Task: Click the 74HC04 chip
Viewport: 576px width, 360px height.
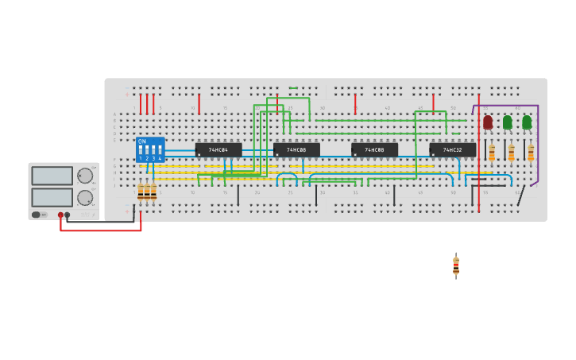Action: (218, 149)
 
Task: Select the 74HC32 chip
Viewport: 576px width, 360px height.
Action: (452, 149)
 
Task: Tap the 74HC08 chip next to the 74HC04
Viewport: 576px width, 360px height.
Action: (296, 149)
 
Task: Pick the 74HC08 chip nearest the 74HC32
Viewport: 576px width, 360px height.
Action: (374, 149)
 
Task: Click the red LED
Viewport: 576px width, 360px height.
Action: (488, 122)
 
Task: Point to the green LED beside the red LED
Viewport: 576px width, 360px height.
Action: (508, 122)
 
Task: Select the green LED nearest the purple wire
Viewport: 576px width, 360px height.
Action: (527, 122)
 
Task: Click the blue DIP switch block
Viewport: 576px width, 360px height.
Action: (150, 149)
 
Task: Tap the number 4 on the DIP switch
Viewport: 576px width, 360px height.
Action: (160, 159)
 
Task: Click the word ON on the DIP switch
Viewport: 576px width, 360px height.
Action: (142, 141)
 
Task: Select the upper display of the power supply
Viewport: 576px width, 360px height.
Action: (52, 176)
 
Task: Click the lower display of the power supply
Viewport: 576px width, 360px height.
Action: (52, 197)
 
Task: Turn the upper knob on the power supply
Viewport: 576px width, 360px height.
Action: (84, 176)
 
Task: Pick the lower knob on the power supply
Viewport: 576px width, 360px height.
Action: (84, 197)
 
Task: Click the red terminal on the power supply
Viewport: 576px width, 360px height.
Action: (60, 215)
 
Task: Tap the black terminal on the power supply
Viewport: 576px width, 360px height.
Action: (68, 215)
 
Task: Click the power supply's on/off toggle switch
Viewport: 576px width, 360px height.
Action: (37, 215)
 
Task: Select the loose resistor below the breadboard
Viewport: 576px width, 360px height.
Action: (456, 266)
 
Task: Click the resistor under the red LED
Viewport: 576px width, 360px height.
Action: (492, 153)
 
